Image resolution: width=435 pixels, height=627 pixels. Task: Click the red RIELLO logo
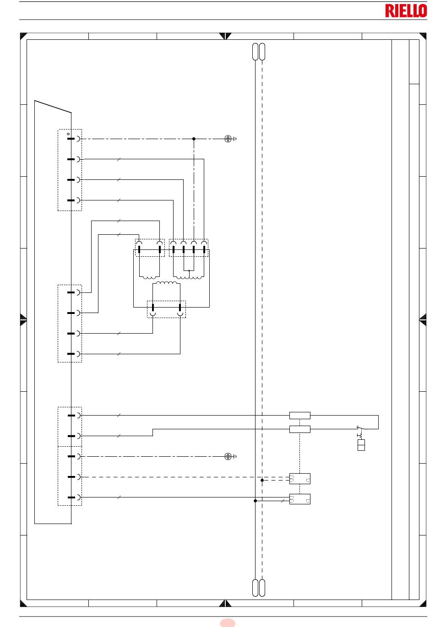[406, 11]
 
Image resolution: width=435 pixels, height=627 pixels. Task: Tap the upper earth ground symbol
[230, 139]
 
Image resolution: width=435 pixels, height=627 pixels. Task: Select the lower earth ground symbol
[230, 456]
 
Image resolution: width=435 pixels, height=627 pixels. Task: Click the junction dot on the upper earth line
[194, 139]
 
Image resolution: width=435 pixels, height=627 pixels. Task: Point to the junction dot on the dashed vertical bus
[262, 480]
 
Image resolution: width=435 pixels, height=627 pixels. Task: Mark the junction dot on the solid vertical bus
[255, 501]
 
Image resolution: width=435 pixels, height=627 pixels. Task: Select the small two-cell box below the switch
[361, 445]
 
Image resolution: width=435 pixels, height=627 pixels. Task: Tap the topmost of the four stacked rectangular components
[300, 416]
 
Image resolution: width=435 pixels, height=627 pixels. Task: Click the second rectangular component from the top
[300, 429]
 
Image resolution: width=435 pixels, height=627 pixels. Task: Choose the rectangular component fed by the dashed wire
[300, 479]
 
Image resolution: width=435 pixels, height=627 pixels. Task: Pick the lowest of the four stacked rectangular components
[300, 499]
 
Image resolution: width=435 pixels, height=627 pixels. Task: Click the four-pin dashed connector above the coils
[189, 248]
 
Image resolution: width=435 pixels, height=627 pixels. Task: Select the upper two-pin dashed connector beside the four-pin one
[150, 248]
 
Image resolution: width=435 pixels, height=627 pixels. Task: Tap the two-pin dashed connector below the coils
[166, 309]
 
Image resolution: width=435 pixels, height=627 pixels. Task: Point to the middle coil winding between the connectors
[166, 283]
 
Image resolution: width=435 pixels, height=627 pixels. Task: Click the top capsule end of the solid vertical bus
[255, 52]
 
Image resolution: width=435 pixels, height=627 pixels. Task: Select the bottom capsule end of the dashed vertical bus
[262, 588]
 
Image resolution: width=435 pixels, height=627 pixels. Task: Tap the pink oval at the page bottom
[228, 623]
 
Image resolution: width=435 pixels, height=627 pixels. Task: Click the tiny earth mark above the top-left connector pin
[68, 134]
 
